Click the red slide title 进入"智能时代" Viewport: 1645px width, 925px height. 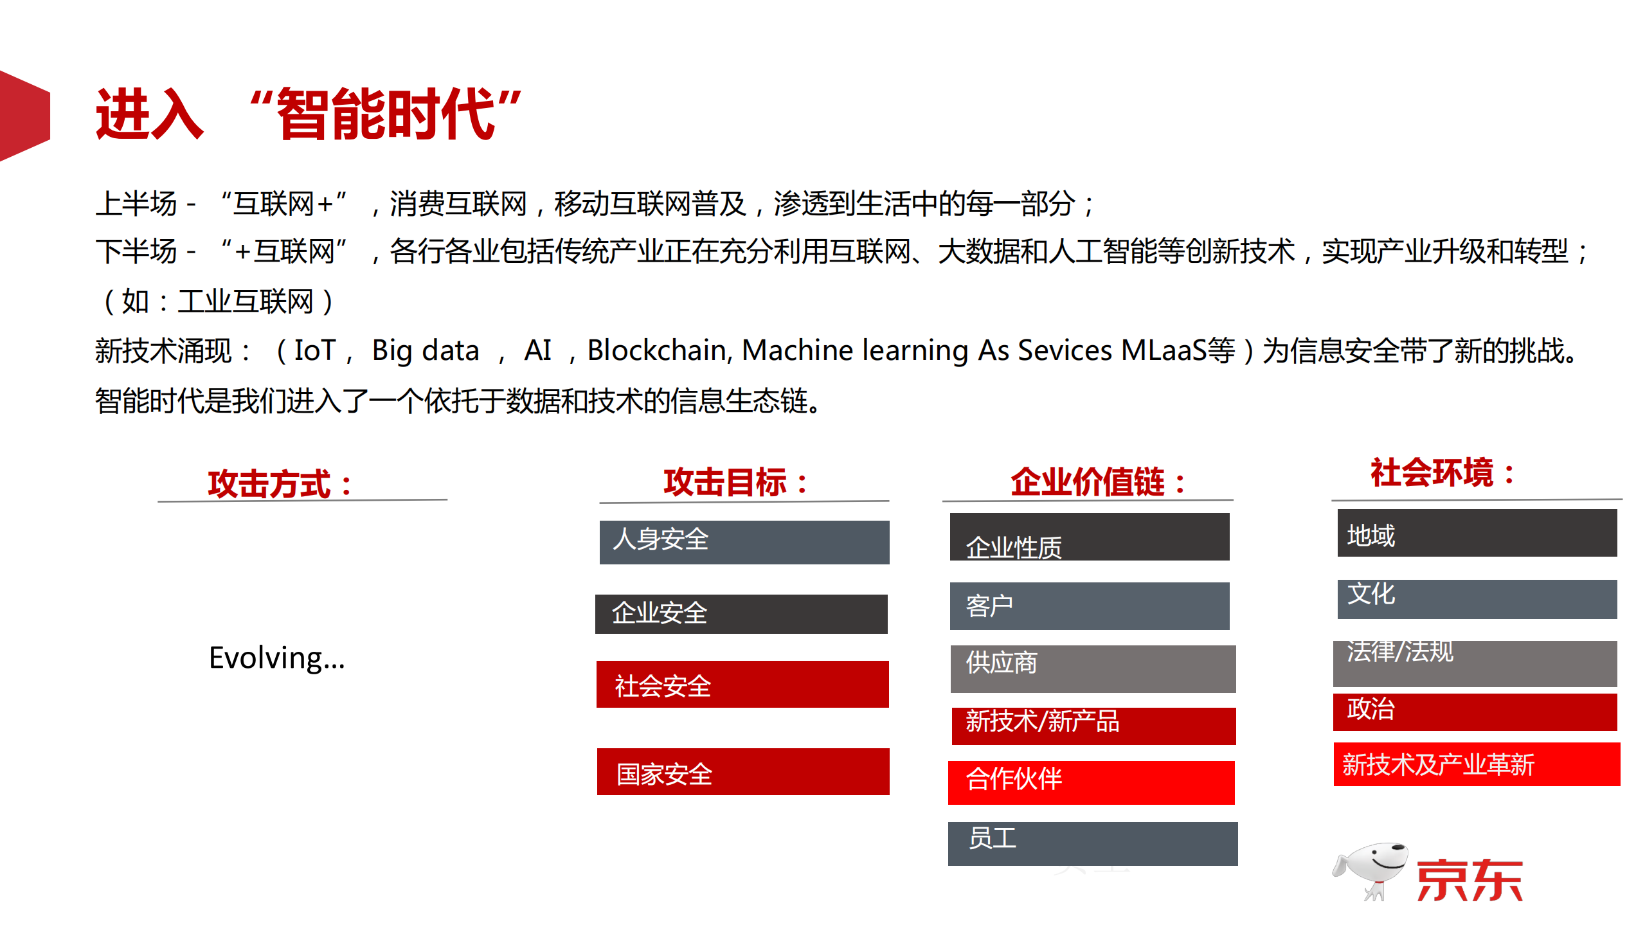click(309, 114)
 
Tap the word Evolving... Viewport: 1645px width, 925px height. click(276, 658)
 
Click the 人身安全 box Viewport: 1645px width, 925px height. click(744, 542)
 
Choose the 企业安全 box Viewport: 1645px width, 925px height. click(741, 614)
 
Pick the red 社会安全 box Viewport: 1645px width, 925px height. click(742, 685)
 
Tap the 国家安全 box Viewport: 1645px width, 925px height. click(742, 772)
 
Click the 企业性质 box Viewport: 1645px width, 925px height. click(1089, 537)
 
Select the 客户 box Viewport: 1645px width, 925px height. click(1089, 606)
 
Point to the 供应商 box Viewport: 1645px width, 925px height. click(1092, 669)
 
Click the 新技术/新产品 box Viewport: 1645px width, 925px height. click(1093, 725)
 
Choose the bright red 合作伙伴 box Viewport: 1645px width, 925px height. click(1091, 782)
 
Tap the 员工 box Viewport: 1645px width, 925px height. click(1092, 843)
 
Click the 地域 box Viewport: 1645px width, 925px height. click(1477, 534)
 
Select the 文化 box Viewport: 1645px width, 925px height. click(1477, 598)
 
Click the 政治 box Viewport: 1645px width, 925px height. click(1475, 712)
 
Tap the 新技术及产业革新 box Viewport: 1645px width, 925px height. click(1477, 764)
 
